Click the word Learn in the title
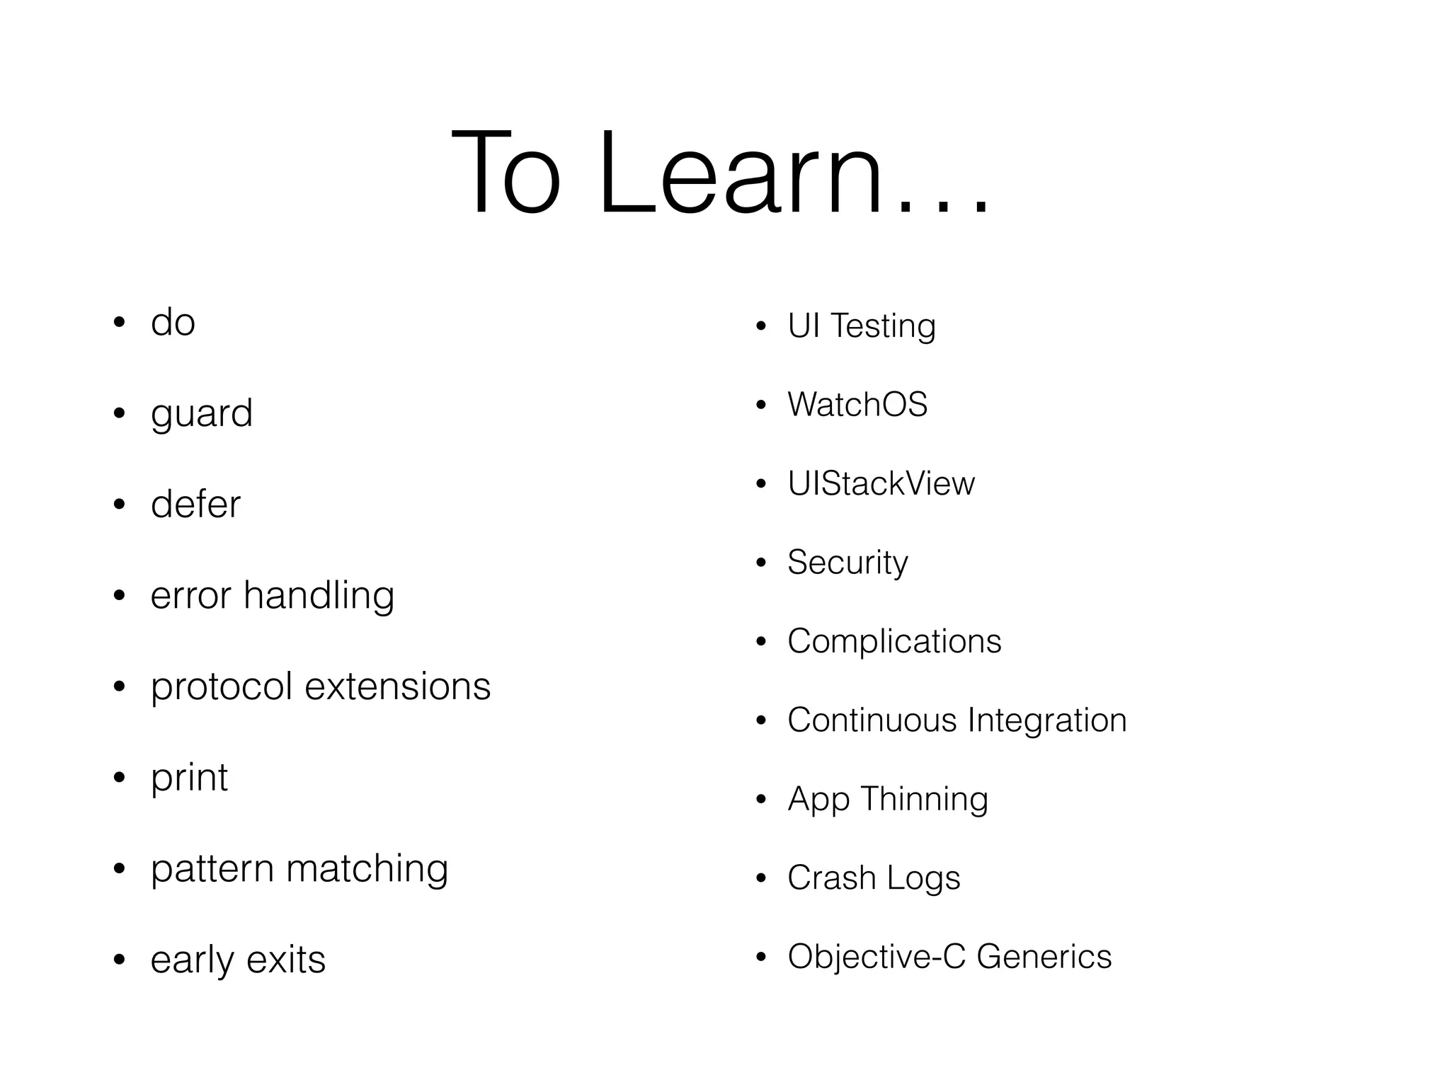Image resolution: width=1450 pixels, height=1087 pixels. (x=740, y=173)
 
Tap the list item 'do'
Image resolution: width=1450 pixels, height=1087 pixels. (x=173, y=323)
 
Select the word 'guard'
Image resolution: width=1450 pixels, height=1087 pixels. (x=202, y=414)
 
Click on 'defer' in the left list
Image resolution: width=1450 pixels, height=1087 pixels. (x=195, y=504)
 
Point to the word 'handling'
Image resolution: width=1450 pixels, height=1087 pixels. (x=319, y=596)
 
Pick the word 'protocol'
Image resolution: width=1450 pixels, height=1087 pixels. (x=222, y=687)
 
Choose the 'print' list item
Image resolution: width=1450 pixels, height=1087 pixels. (x=189, y=778)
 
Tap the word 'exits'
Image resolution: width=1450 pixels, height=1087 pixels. (x=286, y=960)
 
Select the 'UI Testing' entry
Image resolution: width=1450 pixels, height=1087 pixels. (x=862, y=326)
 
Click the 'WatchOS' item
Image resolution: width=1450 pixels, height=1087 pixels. (x=857, y=405)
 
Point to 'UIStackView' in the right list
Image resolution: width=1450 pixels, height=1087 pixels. (x=881, y=484)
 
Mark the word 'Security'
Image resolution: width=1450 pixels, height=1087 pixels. (x=847, y=563)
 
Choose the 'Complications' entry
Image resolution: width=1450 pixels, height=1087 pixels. (x=894, y=641)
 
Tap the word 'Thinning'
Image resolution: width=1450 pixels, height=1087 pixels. (x=924, y=799)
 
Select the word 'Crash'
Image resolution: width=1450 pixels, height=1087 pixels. (x=832, y=878)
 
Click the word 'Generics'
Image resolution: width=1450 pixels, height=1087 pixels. (x=1044, y=957)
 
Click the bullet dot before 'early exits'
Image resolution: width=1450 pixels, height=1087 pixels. (x=120, y=960)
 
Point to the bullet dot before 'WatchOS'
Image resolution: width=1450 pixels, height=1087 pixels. (x=761, y=406)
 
